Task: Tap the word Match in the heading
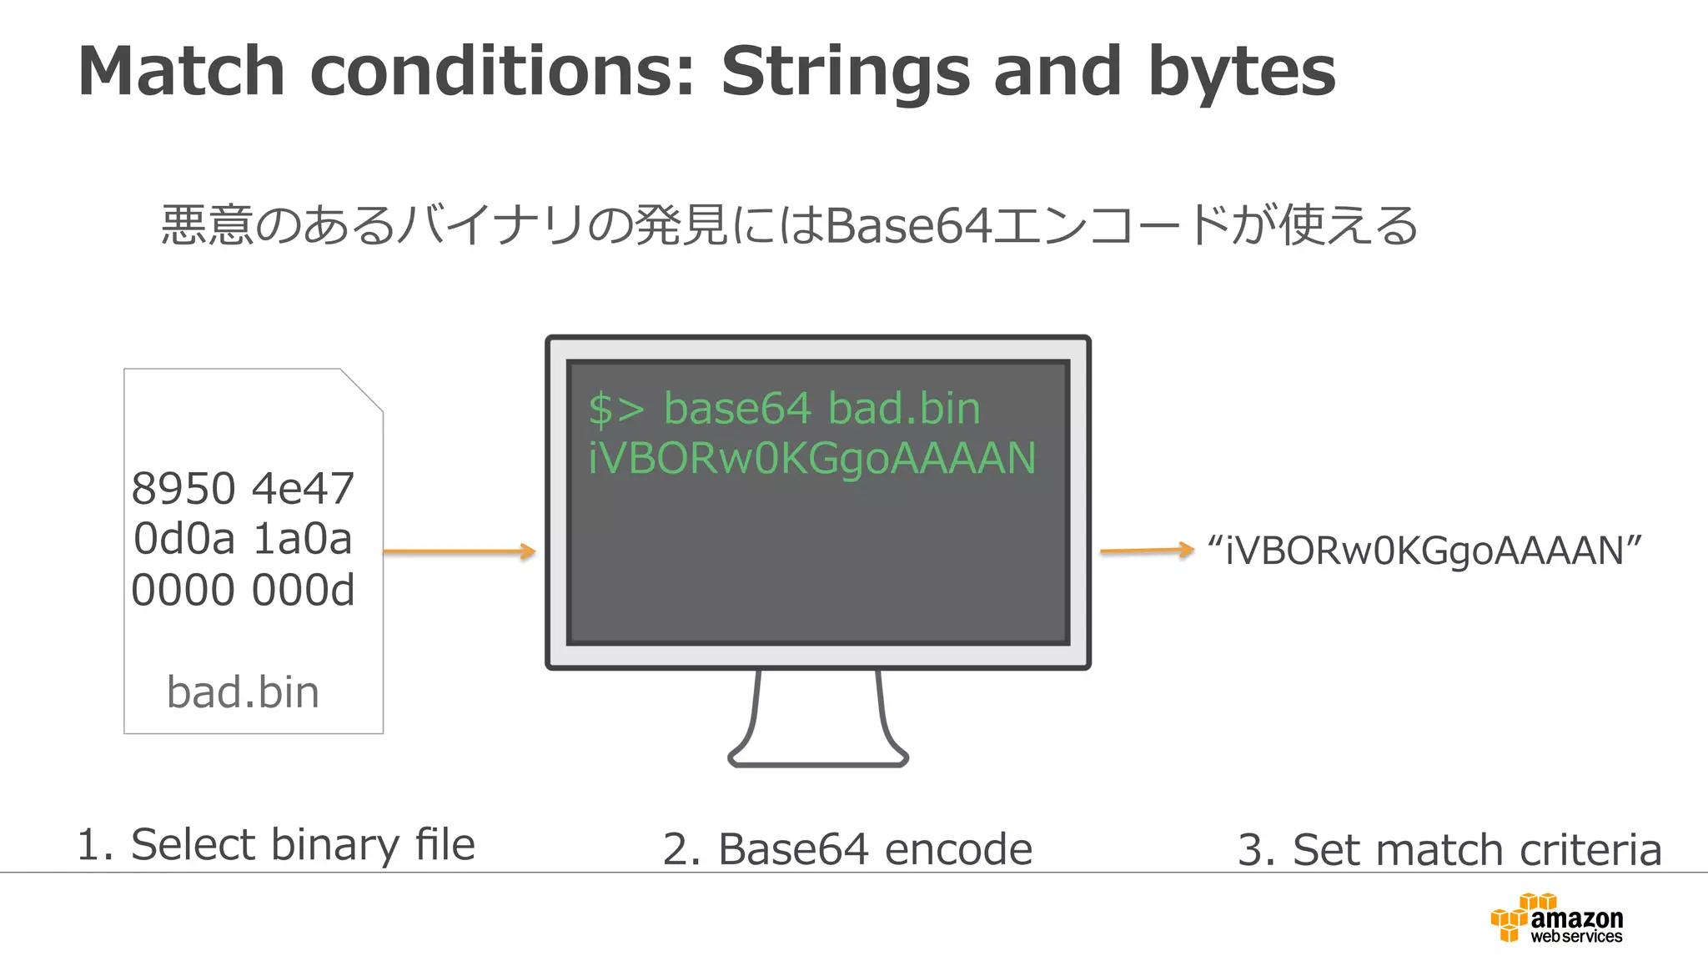tap(182, 72)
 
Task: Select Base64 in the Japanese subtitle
tap(908, 225)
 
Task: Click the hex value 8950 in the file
tap(183, 489)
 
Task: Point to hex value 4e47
tap(303, 489)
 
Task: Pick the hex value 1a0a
tap(302, 539)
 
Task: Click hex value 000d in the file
tap(303, 591)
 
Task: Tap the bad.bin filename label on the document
tap(243, 692)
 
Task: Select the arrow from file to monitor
tap(459, 551)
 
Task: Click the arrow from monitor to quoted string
tap(1147, 550)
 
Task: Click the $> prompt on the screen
tap(615, 410)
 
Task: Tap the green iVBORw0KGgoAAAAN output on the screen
tap(811, 459)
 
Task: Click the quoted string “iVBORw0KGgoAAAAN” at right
tap(1424, 551)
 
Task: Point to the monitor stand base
tap(818, 757)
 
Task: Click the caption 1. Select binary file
tap(275, 844)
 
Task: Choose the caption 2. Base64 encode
tap(847, 849)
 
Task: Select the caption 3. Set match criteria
tap(1449, 849)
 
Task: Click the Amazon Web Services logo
tap(1555, 918)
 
